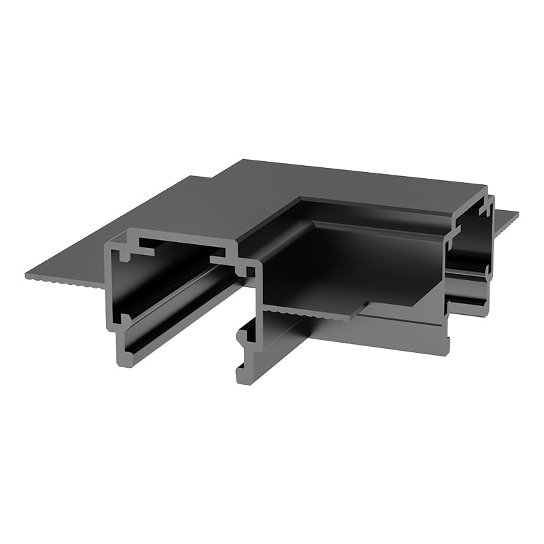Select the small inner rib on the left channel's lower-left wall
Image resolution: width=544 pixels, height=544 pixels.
[x=122, y=318]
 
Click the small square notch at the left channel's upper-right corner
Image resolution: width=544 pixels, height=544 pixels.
[x=250, y=271]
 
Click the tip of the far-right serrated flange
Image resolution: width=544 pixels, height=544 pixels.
[x=516, y=216]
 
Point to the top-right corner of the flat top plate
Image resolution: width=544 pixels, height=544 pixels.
[x=486, y=186]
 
